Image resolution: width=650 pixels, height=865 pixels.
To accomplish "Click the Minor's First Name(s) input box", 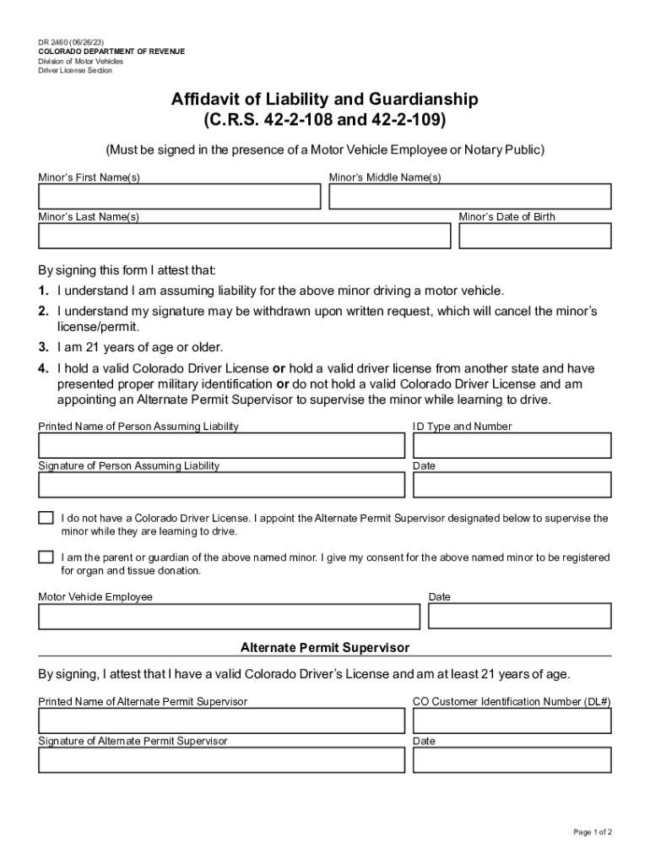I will [x=179, y=197].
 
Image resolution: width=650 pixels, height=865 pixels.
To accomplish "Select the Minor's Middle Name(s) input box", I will [x=469, y=197].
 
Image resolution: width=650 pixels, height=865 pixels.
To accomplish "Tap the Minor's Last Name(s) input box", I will [x=244, y=237].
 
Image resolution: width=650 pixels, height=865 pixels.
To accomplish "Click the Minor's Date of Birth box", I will [x=534, y=237].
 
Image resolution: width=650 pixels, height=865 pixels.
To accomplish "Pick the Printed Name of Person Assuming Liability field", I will [x=221, y=445].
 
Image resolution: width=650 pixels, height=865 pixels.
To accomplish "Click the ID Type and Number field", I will [x=512, y=445].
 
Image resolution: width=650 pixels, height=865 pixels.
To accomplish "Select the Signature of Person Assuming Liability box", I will [x=221, y=485].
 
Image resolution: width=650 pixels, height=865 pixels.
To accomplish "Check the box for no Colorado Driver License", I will [x=46, y=518].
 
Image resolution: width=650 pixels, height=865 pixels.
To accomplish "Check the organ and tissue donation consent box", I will [x=46, y=558].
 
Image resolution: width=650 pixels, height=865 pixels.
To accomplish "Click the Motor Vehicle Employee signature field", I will [x=229, y=617].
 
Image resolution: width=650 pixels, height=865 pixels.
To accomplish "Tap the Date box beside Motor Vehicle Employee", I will [x=519, y=617].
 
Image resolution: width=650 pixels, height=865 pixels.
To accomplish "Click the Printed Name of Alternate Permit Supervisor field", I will [x=221, y=721].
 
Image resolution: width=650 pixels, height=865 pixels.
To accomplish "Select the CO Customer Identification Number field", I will [x=512, y=721].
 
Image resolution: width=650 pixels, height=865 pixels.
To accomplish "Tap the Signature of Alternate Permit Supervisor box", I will [x=221, y=760].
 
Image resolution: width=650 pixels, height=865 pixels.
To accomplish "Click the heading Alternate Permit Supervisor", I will [x=325, y=648].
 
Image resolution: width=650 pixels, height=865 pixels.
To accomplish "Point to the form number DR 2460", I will [x=55, y=41].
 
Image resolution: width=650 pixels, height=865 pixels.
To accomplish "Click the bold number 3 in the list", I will [x=42, y=347].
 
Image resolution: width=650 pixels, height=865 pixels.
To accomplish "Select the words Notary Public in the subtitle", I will [x=504, y=150].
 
